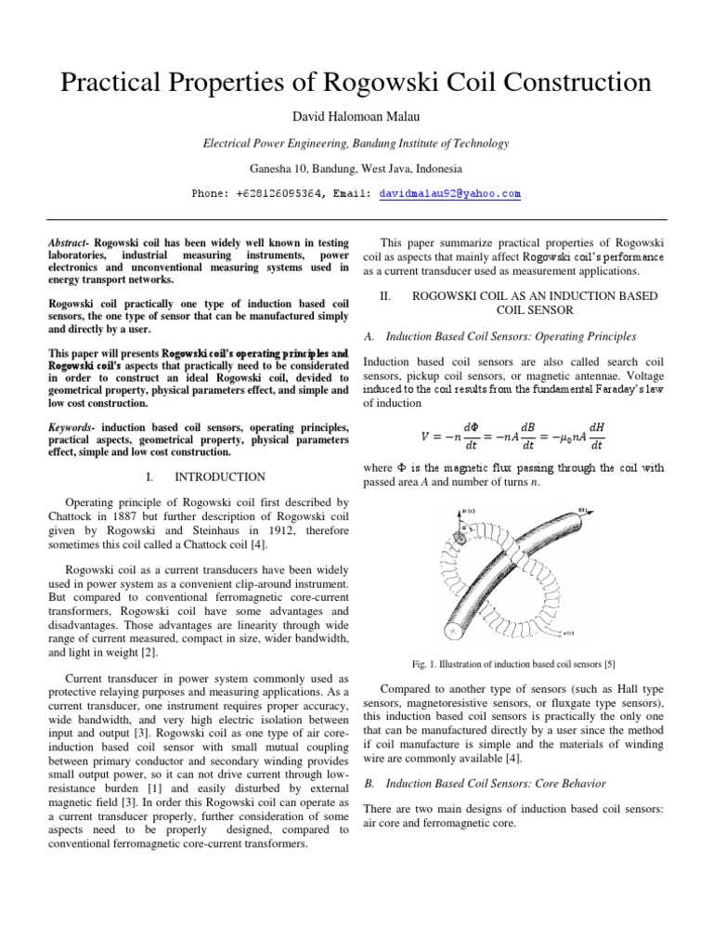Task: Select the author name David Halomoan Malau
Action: pos(356,116)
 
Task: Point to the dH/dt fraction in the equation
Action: pos(597,435)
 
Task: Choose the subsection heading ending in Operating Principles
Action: pos(510,336)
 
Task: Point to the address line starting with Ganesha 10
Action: pos(356,169)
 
